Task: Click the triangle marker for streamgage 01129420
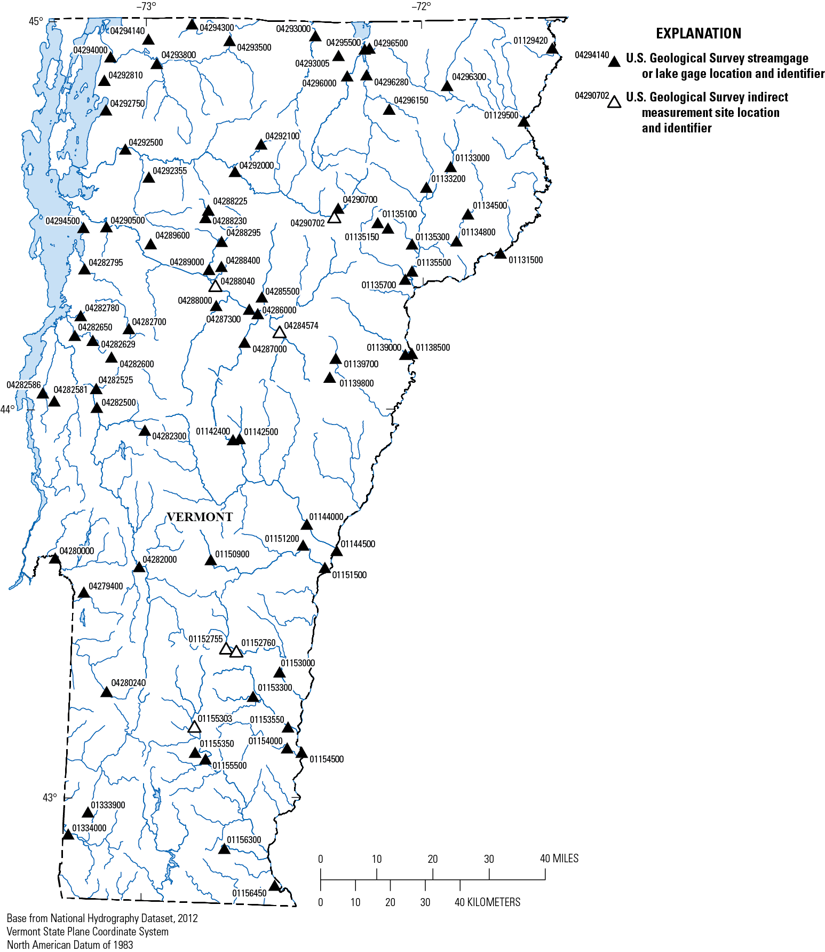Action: point(552,49)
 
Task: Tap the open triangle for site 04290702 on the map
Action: point(334,217)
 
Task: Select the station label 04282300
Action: point(169,436)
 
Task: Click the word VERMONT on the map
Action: point(200,517)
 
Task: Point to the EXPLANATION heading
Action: point(699,34)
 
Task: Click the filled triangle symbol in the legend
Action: point(615,61)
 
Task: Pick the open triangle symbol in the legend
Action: point(615,101)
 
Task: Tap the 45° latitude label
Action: point(36,21)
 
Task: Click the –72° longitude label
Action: point(421,6)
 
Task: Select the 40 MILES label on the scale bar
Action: point(559,859)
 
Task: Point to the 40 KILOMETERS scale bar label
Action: point(487,902)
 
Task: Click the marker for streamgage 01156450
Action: point(274,885)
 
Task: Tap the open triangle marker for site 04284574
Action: point(280,333)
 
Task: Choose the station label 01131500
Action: point(526,260)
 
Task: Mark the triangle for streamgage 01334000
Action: point(68,834)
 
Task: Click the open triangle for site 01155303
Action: point(195,727)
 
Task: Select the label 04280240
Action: point(128,683)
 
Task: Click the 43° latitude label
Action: point(50,798)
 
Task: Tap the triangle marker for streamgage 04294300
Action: point(192,25)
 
